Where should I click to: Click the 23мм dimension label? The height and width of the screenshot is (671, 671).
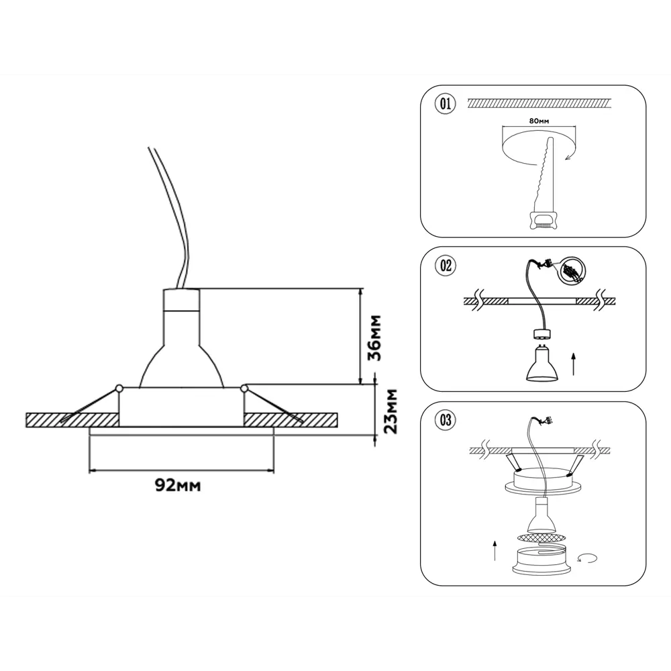pos(391,411)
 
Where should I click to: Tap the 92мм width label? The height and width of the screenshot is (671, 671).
pos(178,485)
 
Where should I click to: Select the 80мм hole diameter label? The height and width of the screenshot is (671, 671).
pos(539,121)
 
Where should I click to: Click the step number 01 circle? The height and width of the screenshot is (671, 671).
pos(446,104)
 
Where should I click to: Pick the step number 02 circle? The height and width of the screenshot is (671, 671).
pos(446,266)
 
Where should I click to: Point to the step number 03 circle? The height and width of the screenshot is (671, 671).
pos(446,420)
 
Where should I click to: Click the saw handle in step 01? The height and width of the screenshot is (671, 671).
pos(541,220)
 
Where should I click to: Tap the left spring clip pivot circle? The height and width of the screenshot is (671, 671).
pos(119,389)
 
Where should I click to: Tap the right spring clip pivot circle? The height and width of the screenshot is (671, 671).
pos(244,389)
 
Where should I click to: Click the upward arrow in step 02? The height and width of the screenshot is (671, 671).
pos(574,364)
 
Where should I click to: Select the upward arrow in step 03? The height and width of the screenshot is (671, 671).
pos(495,550)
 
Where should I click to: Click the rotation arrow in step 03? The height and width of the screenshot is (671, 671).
pos(587,558)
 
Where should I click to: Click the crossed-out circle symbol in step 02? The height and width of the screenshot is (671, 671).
pos(572,271)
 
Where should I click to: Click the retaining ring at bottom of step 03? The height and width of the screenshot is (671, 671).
pos(543,561)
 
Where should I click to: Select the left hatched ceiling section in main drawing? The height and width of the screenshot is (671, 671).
pos(72,420)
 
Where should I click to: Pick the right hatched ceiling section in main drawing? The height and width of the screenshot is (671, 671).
pos(291,420)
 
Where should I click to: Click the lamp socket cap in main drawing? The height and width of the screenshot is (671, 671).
pos(181,299)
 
